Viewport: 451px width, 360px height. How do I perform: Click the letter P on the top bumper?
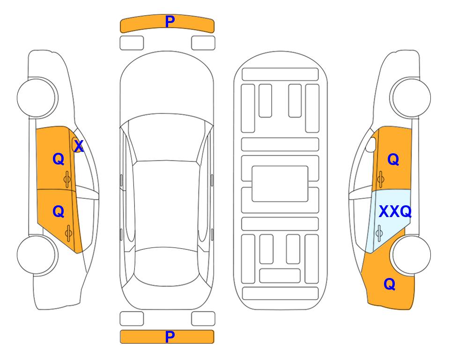(170, 21)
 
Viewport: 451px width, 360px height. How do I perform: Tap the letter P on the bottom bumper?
(170, 337)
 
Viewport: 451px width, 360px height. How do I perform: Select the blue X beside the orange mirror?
(79, 146)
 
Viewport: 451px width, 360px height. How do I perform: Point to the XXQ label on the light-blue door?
(395, 212)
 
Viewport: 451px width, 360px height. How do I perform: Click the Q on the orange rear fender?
(390, 284)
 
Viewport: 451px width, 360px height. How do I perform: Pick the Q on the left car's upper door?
(59, 159)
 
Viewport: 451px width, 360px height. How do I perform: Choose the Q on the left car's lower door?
(59, 212)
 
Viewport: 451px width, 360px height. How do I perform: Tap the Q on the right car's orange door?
(393, 159)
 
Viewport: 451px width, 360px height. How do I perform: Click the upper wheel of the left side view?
(37, 97)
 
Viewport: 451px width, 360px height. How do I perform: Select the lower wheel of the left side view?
(37, 255)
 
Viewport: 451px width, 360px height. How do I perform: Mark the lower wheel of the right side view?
(411, 255)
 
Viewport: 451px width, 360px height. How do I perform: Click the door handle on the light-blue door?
(379, 233)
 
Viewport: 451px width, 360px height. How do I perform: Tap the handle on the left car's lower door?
(68, 233)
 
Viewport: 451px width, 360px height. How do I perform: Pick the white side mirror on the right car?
(371, 144)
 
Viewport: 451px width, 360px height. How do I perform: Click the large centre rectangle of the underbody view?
(280, 184)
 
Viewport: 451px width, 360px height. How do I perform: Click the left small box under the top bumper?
(132, 43)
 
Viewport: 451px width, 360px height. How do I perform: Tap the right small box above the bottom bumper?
(203, 319)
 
